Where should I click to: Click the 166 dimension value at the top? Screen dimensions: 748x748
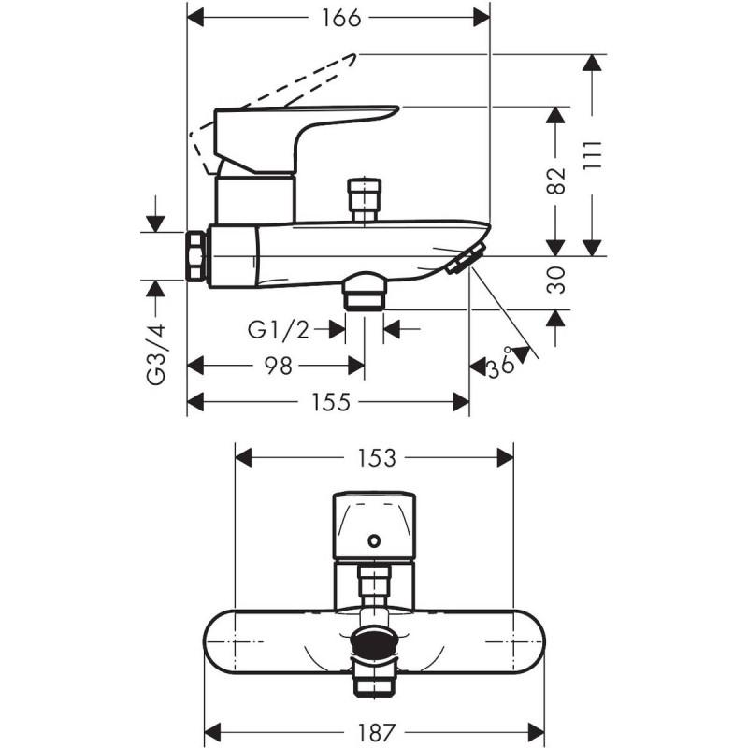[x=341, y=19]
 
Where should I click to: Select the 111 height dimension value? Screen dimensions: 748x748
[x=593, y=155]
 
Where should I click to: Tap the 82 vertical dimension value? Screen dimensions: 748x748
[x=555, y=180]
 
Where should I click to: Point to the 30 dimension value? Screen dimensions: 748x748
[x=555, y=280]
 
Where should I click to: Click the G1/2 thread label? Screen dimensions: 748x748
[x=279, y=330]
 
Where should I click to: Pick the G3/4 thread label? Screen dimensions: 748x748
[x=155, y=354]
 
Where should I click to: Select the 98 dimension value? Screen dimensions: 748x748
[x=278, y=366]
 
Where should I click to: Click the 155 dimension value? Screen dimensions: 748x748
[x=331, y=402]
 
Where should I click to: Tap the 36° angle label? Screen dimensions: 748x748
[x=501, y=364]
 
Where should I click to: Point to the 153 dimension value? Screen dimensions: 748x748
[x=377, y=458]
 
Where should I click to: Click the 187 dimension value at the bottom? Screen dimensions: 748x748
[x=377, y=731]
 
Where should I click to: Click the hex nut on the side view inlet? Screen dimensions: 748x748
[x=195, y=256]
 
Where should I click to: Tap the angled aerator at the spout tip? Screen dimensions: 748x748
[x=466, y=258]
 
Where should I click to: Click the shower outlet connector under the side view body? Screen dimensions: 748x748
[x=365, y=292]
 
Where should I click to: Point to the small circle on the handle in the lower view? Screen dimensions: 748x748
[x=375, y=541]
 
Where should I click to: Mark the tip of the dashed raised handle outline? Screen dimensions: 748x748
[x=355, y=54]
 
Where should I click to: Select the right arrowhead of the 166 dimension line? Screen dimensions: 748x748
[x=482, y=18]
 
